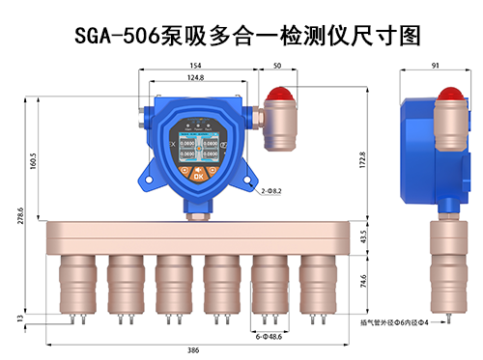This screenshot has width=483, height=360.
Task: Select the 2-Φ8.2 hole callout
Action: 272,192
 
